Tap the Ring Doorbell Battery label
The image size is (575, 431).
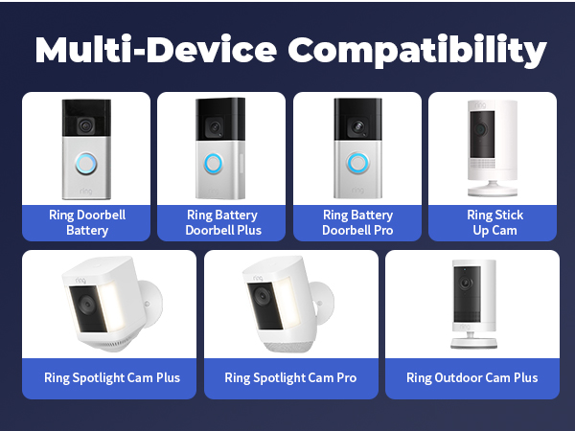(x=86, y=222)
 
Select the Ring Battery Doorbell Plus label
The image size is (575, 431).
(x=221, y=222)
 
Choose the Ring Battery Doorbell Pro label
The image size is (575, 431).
(x=357, y=222)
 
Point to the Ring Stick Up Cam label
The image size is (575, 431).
(x=493, y=222)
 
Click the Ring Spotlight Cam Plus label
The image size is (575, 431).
(x=111, y=377)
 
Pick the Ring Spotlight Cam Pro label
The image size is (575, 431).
(x=290, y=377)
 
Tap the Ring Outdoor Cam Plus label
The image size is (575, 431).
(x=471, y=377)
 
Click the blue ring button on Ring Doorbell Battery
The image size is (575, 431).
(x=87, y=164)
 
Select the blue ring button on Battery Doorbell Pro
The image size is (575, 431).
(x=358, y=161)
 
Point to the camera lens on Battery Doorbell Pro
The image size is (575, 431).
(x=358, y=125)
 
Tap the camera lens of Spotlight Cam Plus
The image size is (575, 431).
(x=84, y=306)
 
